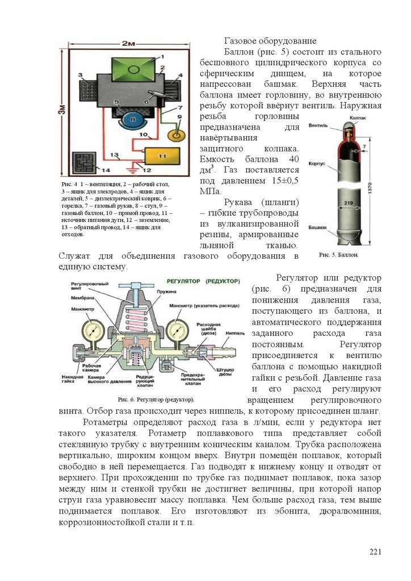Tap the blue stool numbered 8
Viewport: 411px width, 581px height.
pyautogui.click(x=132, y=120)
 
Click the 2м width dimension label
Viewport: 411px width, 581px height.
pyautogui.click(x=127, y=44)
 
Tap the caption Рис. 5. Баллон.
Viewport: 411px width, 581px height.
pyautogui.click(x=338, y=255)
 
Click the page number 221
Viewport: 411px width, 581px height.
pyautogui.click(x=375, y=552)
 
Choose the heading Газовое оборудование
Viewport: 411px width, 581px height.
pyautogui.click(x=270, y=41)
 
